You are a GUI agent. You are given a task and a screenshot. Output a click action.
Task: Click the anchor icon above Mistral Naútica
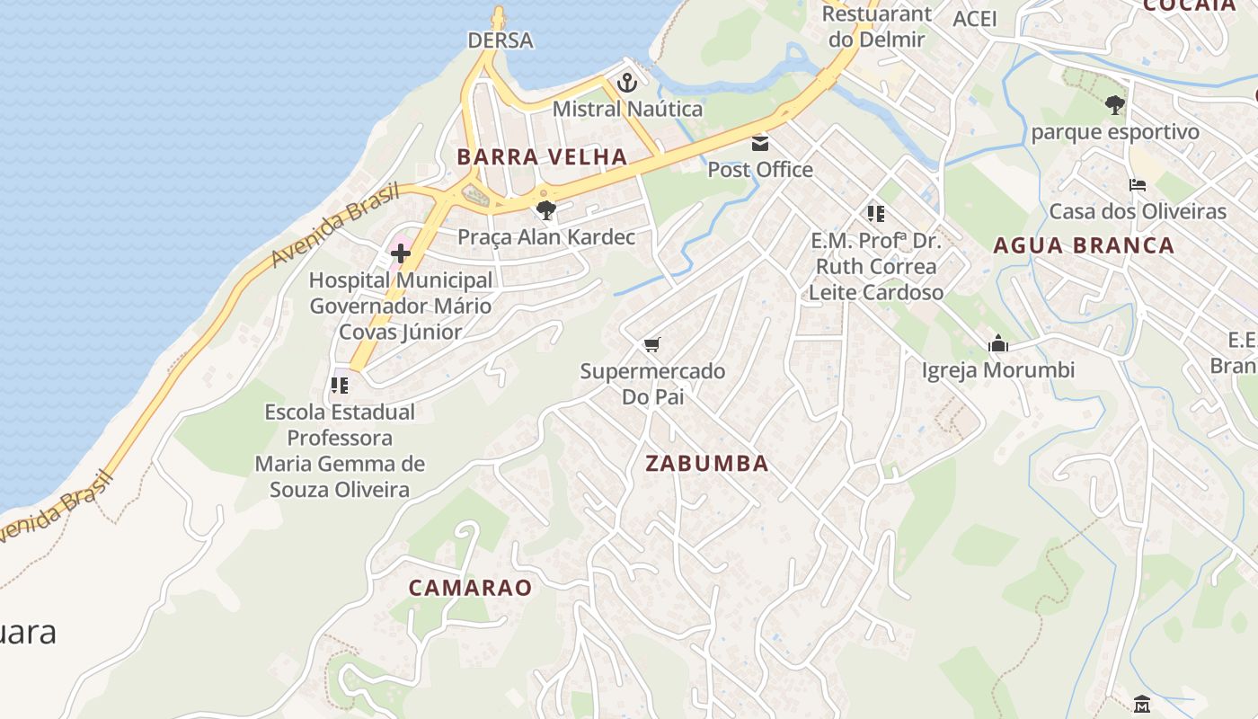[x=626, y=84]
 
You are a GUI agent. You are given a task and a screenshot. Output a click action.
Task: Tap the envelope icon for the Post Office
[x=760, y=143]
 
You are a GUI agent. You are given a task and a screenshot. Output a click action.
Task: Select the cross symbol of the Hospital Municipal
[x=401, y=253]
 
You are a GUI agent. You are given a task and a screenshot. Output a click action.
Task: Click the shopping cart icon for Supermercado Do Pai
[x=652, y=344]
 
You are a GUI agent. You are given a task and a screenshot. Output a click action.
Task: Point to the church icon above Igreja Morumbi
[x=997, y=343]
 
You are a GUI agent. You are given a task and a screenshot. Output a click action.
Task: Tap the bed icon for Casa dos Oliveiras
[x=1137, y=185]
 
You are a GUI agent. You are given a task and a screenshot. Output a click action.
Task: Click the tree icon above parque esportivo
[x=1114, y=105]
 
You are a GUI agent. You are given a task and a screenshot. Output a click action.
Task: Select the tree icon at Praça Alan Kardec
[x=545, y=210]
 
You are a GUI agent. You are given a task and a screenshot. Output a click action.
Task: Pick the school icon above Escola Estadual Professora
[x=340, y=386]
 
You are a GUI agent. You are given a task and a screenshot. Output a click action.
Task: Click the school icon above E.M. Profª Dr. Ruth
[x=876, y=214]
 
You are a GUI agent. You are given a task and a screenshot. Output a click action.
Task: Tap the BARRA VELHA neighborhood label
[x=542, y=156]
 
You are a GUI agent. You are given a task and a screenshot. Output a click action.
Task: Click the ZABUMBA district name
[x=707, y=464]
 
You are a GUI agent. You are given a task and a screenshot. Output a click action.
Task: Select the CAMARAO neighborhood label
[x=470, y=588]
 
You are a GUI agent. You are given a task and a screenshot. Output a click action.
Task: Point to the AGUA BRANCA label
[x=1084, y=245]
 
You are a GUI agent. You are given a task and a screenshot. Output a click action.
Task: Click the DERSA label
[x=501, y=40]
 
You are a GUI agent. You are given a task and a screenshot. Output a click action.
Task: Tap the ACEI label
[x=975, y=20]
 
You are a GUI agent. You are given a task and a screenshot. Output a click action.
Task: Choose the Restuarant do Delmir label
[x=877, y=26]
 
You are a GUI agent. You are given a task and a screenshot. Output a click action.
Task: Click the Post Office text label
[x=760, y=170]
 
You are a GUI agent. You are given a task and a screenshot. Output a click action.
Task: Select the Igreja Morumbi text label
[x=997, y=370]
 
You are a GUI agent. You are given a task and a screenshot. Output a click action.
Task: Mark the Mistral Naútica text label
[x=627, y=110]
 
